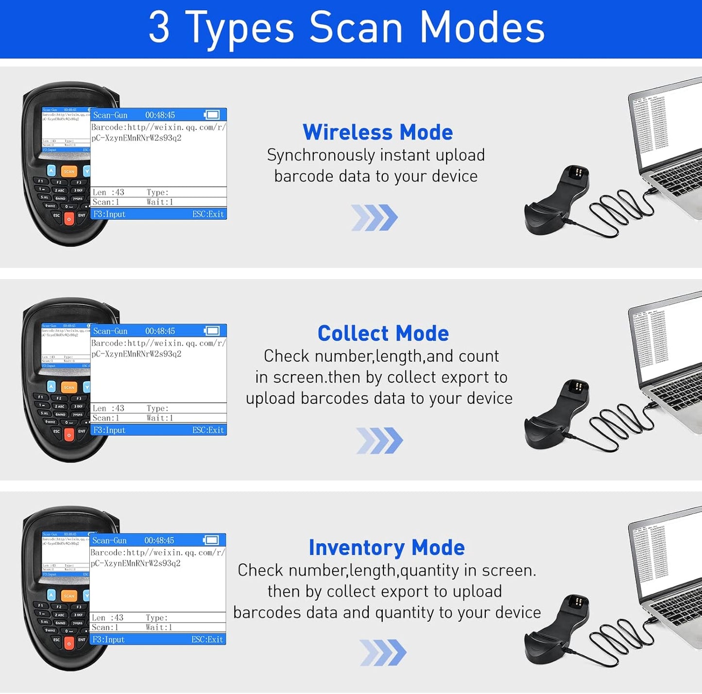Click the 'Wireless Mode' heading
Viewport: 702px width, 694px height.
coord(377,132)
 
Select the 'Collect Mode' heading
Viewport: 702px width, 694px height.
coord(383,333)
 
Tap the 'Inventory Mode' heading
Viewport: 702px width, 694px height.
coord(387,548)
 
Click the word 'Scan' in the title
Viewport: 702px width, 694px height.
coord(356,28)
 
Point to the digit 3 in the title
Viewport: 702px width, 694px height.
coord(159,28)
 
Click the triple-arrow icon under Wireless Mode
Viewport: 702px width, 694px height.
coord(374,218)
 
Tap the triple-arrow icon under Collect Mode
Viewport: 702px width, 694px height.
coord(379,441)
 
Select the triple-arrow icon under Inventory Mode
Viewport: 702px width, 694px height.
coord(383,653)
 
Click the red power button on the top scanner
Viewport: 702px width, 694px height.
coord(69,219)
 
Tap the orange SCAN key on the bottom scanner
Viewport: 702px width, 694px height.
coord(69,595)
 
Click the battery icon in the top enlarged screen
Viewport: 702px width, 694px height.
coord(212,115)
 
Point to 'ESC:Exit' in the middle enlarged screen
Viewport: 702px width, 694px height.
coord(208,430)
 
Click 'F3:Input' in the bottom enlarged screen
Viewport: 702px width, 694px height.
coord(109,640)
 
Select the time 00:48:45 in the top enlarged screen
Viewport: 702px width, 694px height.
coord(160,115)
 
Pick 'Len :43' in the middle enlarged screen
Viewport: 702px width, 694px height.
coord(108,408)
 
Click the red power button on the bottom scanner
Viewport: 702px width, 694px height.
coord(69,643)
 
